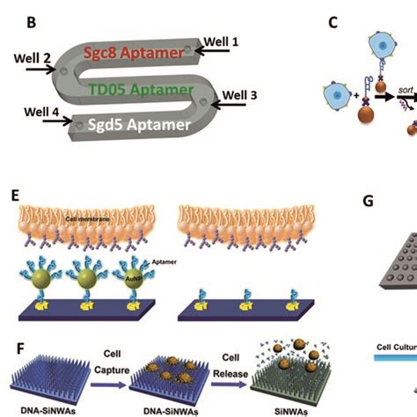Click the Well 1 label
click(x=222, y=40)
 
